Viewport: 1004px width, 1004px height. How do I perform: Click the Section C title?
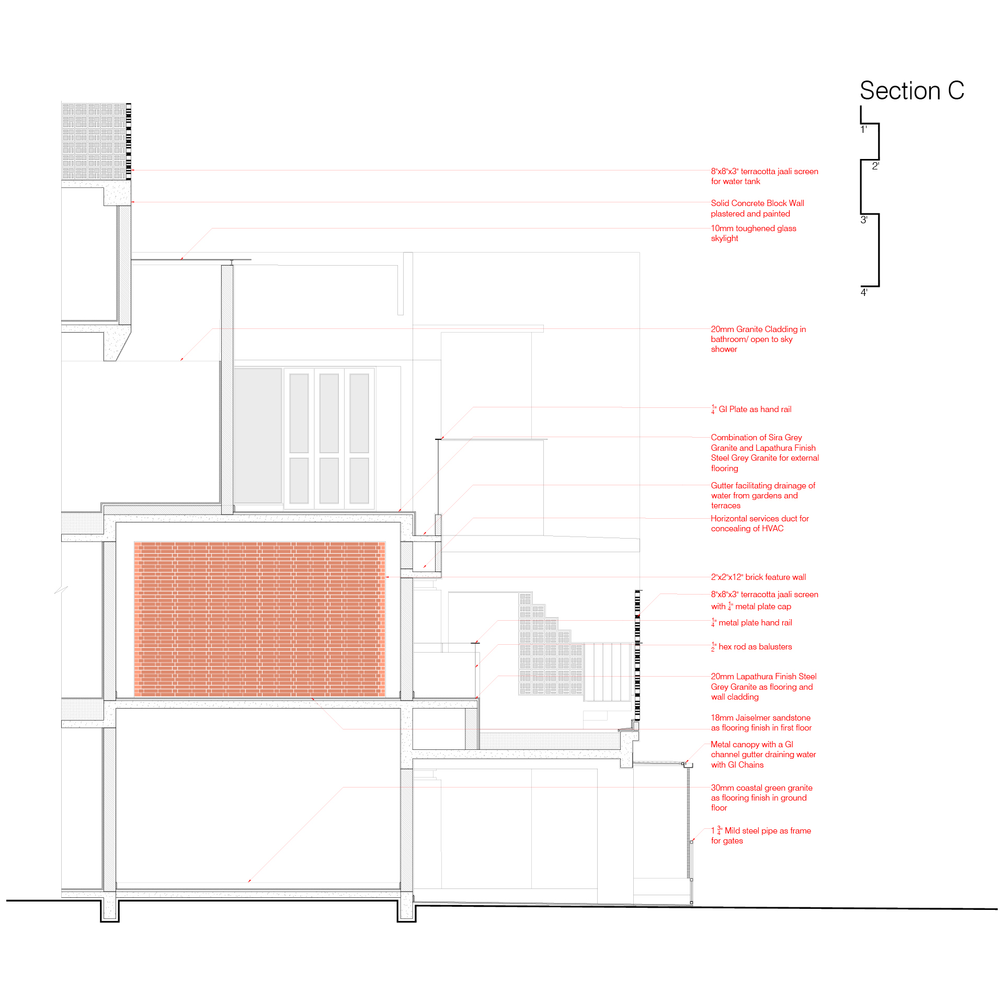pos(911,90)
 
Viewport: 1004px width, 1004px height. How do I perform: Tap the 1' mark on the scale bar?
pos(864,129)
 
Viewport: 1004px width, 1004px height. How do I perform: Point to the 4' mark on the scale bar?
pos(864,292)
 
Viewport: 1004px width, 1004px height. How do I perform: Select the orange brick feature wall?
pos(259,619)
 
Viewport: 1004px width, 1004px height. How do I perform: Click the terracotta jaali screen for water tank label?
pos(764,176)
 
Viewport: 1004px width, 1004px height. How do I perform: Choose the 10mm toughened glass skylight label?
pos(753,233)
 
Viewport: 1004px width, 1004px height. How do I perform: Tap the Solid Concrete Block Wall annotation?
pos(757,208)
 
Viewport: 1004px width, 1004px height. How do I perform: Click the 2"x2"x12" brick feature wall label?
pos(758,577)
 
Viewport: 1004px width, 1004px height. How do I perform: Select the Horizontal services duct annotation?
pos(759,523)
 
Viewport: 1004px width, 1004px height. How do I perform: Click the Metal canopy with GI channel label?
pos(763,755)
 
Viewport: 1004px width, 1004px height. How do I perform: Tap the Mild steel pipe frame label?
pos(761,836)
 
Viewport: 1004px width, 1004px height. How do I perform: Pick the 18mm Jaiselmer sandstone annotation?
pos(761,723)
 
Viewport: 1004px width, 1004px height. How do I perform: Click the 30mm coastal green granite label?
pos(761,797)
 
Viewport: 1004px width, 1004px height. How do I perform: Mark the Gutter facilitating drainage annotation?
pos(762,495)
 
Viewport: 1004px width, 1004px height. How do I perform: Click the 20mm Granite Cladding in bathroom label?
pos(758,339)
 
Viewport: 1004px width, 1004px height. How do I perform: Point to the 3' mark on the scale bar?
pos(864,220)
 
